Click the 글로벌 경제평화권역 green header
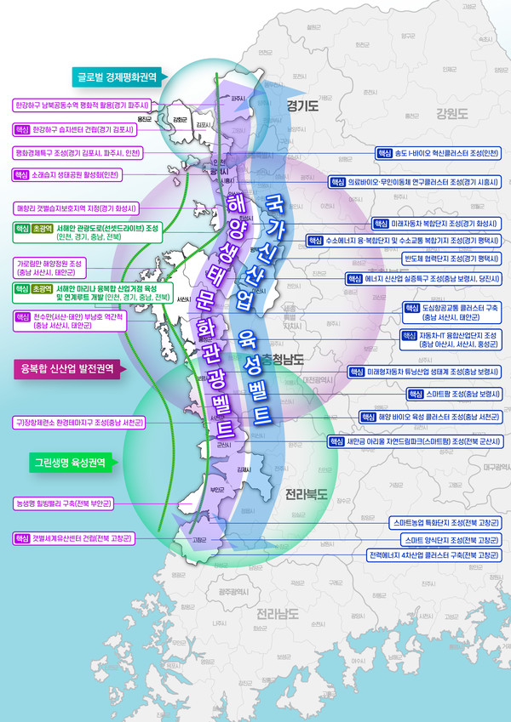[118, 74]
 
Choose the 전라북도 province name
[305, 493]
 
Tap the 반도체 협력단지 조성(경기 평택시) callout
[451, 258]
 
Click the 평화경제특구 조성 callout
[78, 152]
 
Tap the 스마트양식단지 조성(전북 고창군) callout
[445, 539]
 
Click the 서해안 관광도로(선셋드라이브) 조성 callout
[88, 232]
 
